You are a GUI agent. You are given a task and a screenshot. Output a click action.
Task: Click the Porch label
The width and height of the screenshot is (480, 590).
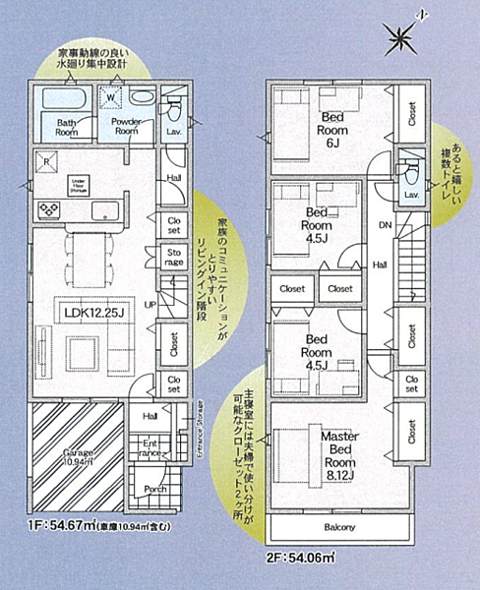click(154, 489)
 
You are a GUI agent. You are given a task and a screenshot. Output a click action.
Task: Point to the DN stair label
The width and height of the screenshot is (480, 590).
click(384, 225)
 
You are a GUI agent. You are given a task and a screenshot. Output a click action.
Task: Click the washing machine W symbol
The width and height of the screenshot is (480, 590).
click(111, 96)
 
